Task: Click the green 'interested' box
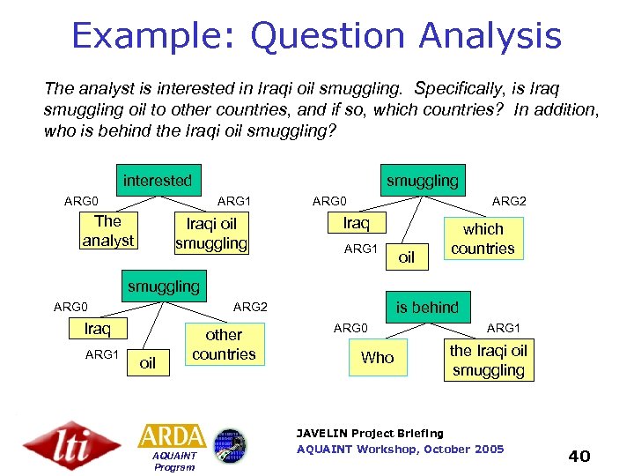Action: coord(158,181)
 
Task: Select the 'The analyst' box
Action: coord(107,231)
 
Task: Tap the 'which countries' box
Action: coord(483,239)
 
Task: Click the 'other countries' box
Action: coord(224,345)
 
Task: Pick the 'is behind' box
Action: coord(427,307)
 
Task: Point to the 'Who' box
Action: coord(378,357)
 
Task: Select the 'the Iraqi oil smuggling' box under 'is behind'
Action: coord(488,361)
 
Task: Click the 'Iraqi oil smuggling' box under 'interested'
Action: coord(211,234)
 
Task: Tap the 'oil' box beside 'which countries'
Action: coord(407,257)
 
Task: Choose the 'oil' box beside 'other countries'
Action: coord(148,363)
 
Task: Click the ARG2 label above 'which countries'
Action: coord(509,202)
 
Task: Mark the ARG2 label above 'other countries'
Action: coord(250,307)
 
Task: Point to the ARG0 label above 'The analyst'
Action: coord(82,202)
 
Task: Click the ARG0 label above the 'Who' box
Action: coord(350,328)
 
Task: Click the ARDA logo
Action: coord(172,435)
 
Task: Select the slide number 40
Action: coord(579,456)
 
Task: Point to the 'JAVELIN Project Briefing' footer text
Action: coord(370,433)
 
